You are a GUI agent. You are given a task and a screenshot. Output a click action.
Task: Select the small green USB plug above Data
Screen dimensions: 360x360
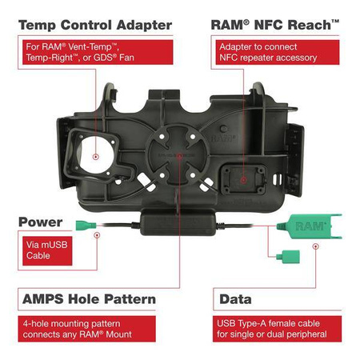tap(283, 257)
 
